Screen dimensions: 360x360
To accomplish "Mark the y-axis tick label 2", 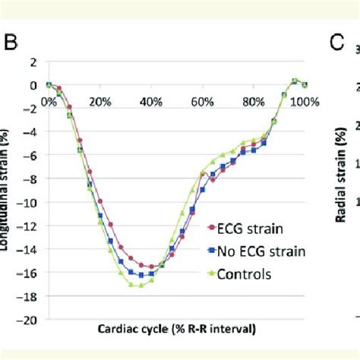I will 34,62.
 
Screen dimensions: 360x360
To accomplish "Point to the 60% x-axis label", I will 203,100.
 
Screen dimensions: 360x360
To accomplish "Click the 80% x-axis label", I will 254,100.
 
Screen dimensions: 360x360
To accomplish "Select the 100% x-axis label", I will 303,100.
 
